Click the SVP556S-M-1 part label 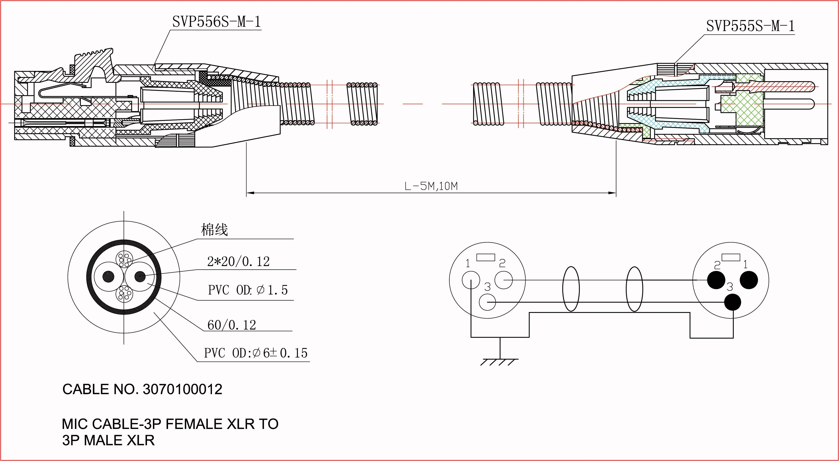click(x=217, y=22)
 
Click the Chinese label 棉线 click(x=214, y=230)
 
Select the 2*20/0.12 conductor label click(x=238, y=262)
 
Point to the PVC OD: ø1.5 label click(x=248, y=290)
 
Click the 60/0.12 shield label click(x=232, y=325)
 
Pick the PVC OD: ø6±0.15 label click(x=256, y=353)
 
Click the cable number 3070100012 click(x=182, y=389)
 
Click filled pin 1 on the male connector click(x=749, y=280)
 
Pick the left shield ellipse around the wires click(x=571, y=289)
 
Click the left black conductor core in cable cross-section click(x=109, y=277)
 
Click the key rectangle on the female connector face click(x=486, y=257)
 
